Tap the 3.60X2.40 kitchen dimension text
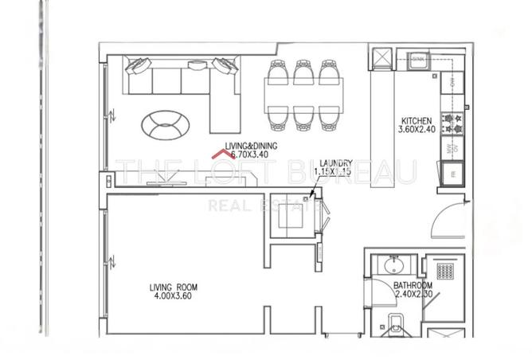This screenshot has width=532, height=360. (417, 133)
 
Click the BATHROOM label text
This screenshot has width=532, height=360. (413, 286)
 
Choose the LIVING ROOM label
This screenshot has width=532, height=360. (174, 287)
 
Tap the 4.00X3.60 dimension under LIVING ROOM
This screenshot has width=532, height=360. (174, 297)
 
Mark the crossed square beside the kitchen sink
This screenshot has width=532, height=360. (381, 57)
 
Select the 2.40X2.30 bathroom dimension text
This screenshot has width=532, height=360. (413, 295)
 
